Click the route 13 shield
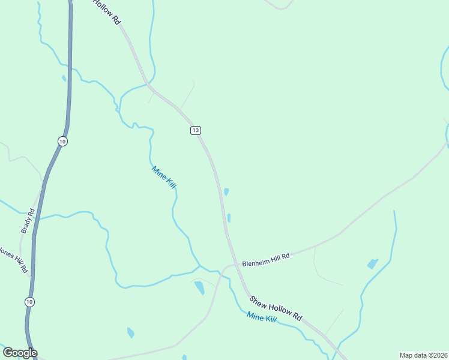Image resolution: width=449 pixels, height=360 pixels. coord(196,130)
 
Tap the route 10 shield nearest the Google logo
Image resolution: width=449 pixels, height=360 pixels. coord(29,301)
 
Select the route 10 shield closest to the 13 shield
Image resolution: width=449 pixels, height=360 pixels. coord(62,141)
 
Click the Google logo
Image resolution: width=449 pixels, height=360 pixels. coord(19,353)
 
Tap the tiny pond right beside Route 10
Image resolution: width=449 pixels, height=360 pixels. coord(64,78)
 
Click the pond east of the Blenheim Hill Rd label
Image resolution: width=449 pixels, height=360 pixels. coord(373,263)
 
